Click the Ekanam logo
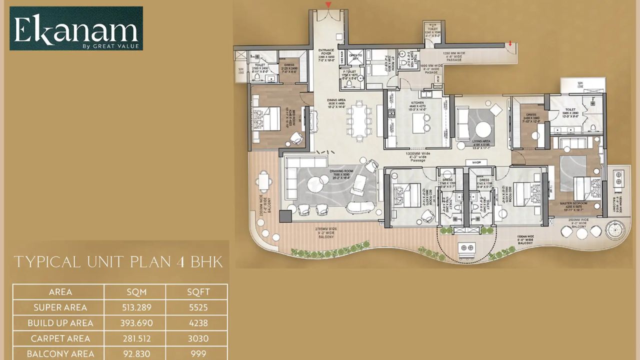click(x=76, y=28)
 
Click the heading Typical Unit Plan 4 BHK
click(x=118, y=262)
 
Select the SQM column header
click(x=134, y=292)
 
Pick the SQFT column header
click(x=196, y=292)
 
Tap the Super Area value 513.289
click(x=134, y=307)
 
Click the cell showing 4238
click(x=196, y=323)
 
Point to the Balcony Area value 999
click(x=196, y=354)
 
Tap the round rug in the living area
click(x=483, y=129)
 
